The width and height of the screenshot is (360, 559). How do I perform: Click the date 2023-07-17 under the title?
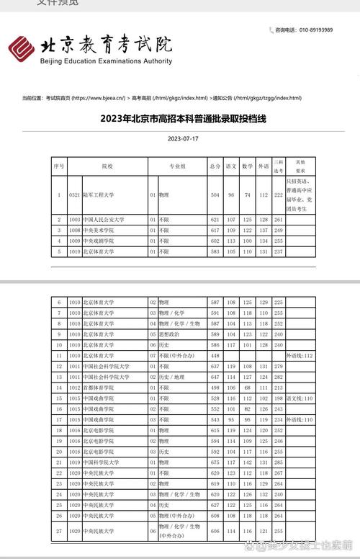(183, 138)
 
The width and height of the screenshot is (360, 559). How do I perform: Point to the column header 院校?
(107, 166)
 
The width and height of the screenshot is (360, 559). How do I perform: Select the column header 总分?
(215, 166)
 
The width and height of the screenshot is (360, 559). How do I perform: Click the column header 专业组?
(177, 166)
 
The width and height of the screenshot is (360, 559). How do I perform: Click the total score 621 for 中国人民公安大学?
(215, 219)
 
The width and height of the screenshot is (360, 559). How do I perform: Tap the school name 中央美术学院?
(99, 230)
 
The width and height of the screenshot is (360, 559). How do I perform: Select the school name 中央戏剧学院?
(99, 241)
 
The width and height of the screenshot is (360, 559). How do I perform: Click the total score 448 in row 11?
(215, 356)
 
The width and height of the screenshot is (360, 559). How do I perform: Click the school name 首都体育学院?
(99, 388)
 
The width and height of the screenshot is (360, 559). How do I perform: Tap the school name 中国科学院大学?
(102, 462)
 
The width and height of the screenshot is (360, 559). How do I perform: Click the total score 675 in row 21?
(215, 462)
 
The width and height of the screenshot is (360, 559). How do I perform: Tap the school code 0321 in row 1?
(74, 195)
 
